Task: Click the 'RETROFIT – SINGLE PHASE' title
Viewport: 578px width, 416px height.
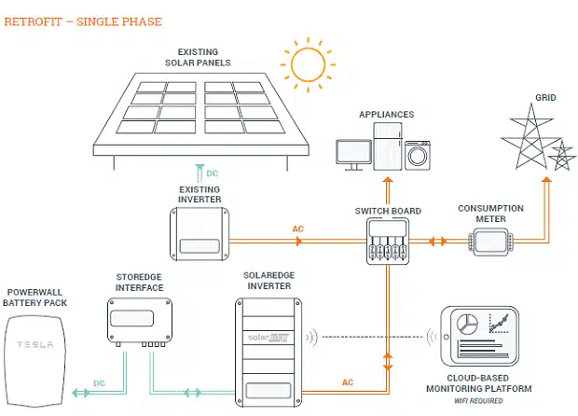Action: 83,21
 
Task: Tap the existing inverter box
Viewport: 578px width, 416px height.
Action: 200,234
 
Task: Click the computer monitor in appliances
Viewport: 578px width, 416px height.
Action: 355,154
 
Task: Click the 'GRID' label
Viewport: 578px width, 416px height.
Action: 545,97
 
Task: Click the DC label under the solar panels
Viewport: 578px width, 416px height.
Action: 213,173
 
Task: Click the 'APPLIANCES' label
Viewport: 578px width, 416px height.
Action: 386,114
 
